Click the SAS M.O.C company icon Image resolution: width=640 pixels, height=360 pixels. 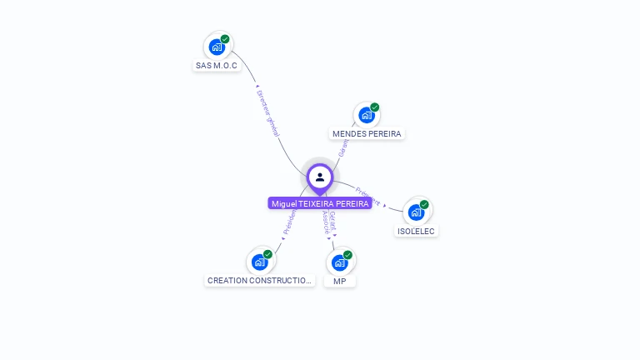click(217, 47)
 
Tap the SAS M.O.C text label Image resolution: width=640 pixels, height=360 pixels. click(217, 65)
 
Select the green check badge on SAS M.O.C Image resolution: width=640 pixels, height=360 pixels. click(225, 39)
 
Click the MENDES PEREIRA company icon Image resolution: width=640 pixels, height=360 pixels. click(366, 115)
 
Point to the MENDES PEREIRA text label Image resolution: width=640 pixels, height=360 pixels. click(367, 133)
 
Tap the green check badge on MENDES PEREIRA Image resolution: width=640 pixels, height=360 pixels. click(375, 107)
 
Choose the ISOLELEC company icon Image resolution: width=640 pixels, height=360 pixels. click(416, 212)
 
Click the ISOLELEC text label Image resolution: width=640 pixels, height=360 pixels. click(416, 231)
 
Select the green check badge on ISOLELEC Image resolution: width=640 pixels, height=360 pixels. click(424, 204)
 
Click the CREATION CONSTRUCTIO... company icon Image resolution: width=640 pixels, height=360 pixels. click(259, 262)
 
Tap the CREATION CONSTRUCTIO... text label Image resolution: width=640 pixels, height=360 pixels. click(259, 281)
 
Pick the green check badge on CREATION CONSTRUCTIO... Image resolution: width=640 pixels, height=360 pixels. click(267, 254)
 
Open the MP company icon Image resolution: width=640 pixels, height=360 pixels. click(339, 262)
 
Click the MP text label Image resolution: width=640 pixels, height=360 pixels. click(340, 282)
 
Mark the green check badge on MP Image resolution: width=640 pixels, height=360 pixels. click(347, 255)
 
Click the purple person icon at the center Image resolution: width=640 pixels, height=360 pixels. click(320, 177)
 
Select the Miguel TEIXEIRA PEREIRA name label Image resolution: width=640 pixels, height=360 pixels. click(320, 203)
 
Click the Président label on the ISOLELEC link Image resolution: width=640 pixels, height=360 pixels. click(368, 195)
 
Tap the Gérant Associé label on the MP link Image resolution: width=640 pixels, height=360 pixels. click(330, 223)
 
